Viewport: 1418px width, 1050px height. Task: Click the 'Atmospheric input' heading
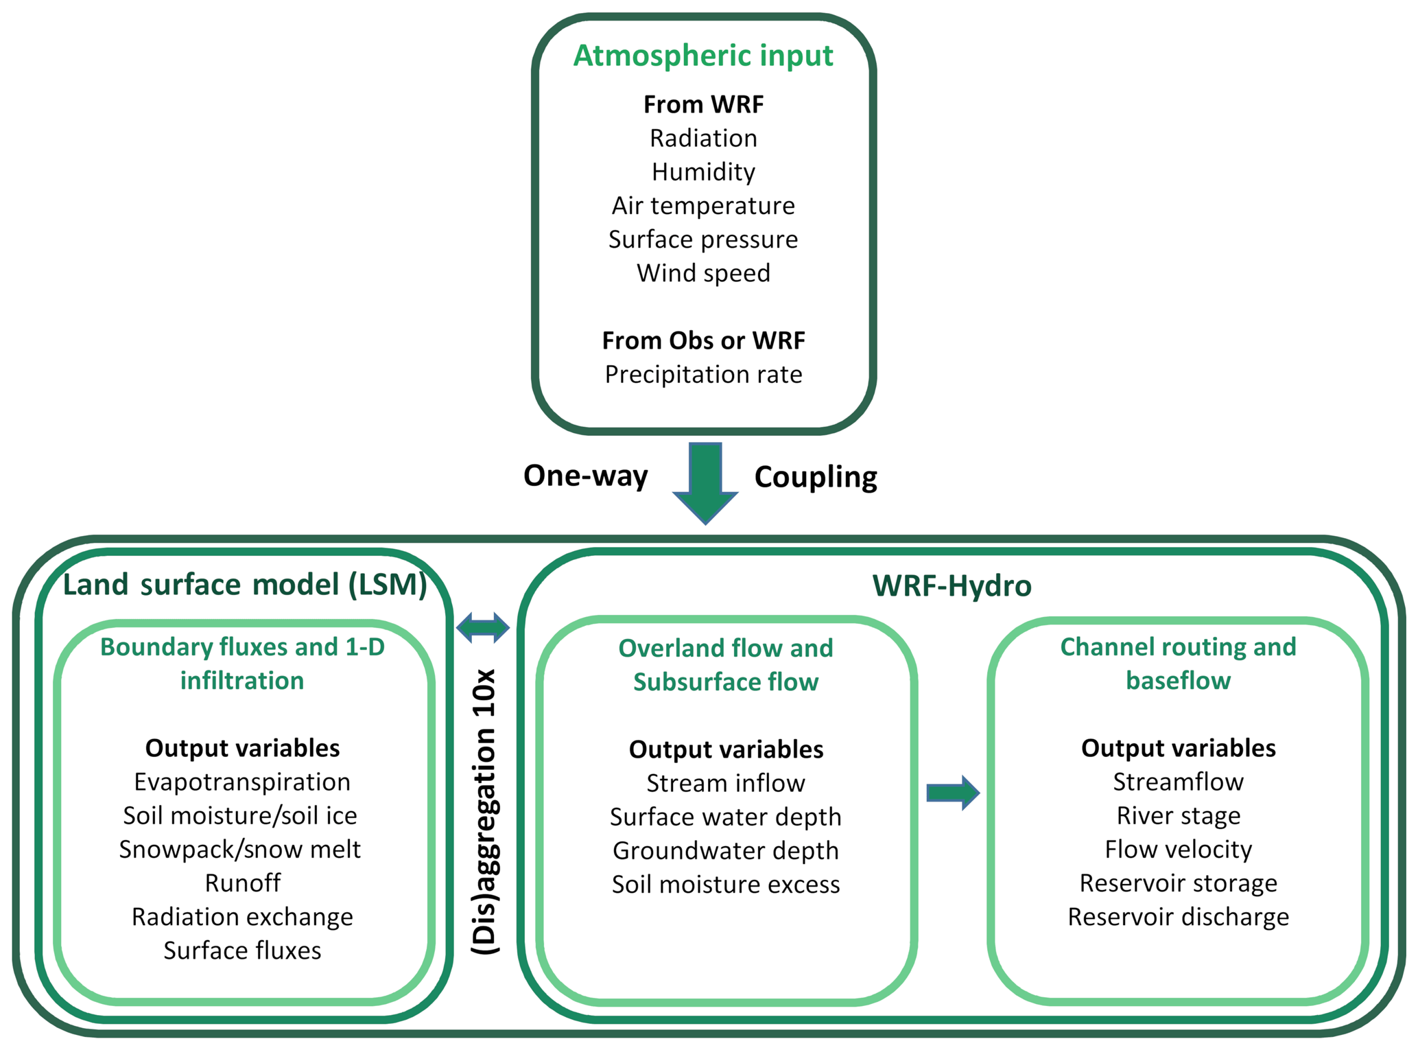tap(703, 56)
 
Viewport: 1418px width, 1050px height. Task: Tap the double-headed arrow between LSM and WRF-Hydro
tap(483, 627)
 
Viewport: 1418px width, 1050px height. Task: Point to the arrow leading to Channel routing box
tap(952, 793)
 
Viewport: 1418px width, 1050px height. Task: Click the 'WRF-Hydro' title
tap(952, 586)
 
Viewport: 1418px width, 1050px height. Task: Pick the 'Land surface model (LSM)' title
tap(245, 585)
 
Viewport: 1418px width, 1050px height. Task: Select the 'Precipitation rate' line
tap(703, 375)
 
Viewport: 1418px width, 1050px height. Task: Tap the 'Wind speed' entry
tap(703, 273)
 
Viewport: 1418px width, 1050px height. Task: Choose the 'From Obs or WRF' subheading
tap(703, 340)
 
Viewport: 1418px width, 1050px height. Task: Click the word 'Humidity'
tap(703, 172)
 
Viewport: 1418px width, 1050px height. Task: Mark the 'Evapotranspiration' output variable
tap(242, 782)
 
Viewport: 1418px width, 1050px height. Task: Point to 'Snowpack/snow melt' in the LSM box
tap(239, 850)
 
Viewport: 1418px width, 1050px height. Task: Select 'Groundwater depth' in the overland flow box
tap(726, 851)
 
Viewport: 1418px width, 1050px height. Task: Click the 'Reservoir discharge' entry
tap(1178, 917)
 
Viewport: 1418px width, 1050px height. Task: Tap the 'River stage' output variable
tap(1178, 815)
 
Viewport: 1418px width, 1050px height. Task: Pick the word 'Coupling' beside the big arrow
tap(816, 477)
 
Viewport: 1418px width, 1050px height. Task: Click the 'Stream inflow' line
tap(726, 783)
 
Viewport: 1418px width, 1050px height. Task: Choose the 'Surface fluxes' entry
tap(242, 950)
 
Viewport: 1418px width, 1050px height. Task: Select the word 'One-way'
tap(585, 476)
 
